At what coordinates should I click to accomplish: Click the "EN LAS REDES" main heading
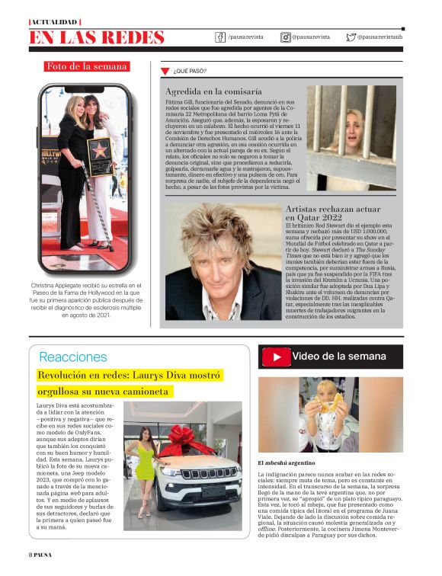[x=97, y=37]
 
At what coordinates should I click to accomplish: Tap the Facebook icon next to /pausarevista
[x=221, y=37]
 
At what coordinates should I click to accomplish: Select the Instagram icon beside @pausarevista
[x=285, y=37]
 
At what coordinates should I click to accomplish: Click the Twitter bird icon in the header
[x=351, y=37]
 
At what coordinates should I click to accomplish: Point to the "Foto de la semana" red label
[x=87, y=66]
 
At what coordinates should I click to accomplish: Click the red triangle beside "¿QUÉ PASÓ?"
[x=164, y=72]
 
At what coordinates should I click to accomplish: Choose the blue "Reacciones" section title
[x=73, y=357]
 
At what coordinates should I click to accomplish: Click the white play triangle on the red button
[x=277, y=357]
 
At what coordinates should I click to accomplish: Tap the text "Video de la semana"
[x=339, y=356]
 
